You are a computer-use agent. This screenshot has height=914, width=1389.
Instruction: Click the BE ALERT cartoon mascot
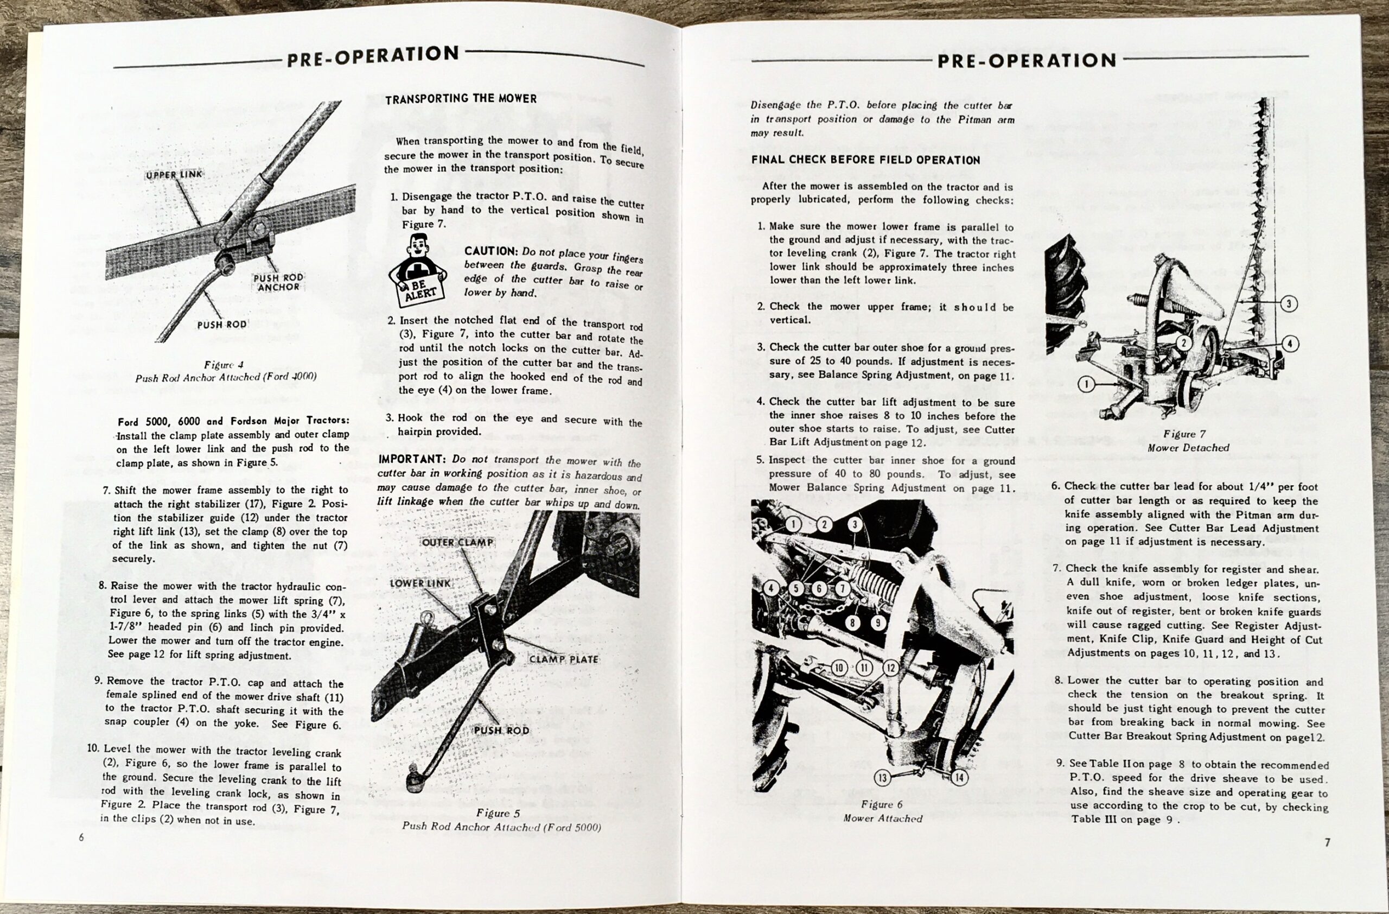pyautogui.click(x=417, y=269)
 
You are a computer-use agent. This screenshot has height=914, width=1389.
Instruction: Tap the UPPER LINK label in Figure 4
pyautogui.click(x=174, y=175)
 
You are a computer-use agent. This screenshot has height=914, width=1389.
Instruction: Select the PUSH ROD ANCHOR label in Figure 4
pyautogui.click(x=278, y=282)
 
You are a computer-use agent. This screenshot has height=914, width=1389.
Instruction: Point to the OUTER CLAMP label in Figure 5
pyautogui.click(x=457, y=542)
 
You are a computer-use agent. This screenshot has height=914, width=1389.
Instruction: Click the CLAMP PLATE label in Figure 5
pyautogui.click(x=564, y=659)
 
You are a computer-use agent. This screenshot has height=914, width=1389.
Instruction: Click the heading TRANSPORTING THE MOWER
pyautogui.click(x=461, y=99)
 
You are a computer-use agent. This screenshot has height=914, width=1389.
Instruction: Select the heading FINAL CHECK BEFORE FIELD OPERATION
pyautogui.click(x=865, y=160)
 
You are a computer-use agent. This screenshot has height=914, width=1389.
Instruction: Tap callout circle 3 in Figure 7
pyautogui.click(x=1289, y=303)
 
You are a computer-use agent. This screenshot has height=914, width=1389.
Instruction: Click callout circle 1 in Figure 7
pyautogui.click(x=1086, y=384)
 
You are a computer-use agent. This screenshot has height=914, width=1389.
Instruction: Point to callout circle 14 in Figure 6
pyautogui.click(x=959, y=777)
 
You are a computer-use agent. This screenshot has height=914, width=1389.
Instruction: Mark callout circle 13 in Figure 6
pyautogui.click(x=882, y=777)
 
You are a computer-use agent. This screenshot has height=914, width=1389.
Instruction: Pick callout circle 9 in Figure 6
pyautogui.click(x=877, y=623)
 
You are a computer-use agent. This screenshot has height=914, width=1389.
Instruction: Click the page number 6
pyautogui.click(x=81, y=837)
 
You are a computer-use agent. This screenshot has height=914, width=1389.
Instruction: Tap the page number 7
pyautogui.click(x=1327, y=842)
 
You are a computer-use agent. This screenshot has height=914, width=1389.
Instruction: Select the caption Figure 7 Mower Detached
pyautogui.click(x=1188, y=441)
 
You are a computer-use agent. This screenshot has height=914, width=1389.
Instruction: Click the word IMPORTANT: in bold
pyautogui.click(x=412, y=459)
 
